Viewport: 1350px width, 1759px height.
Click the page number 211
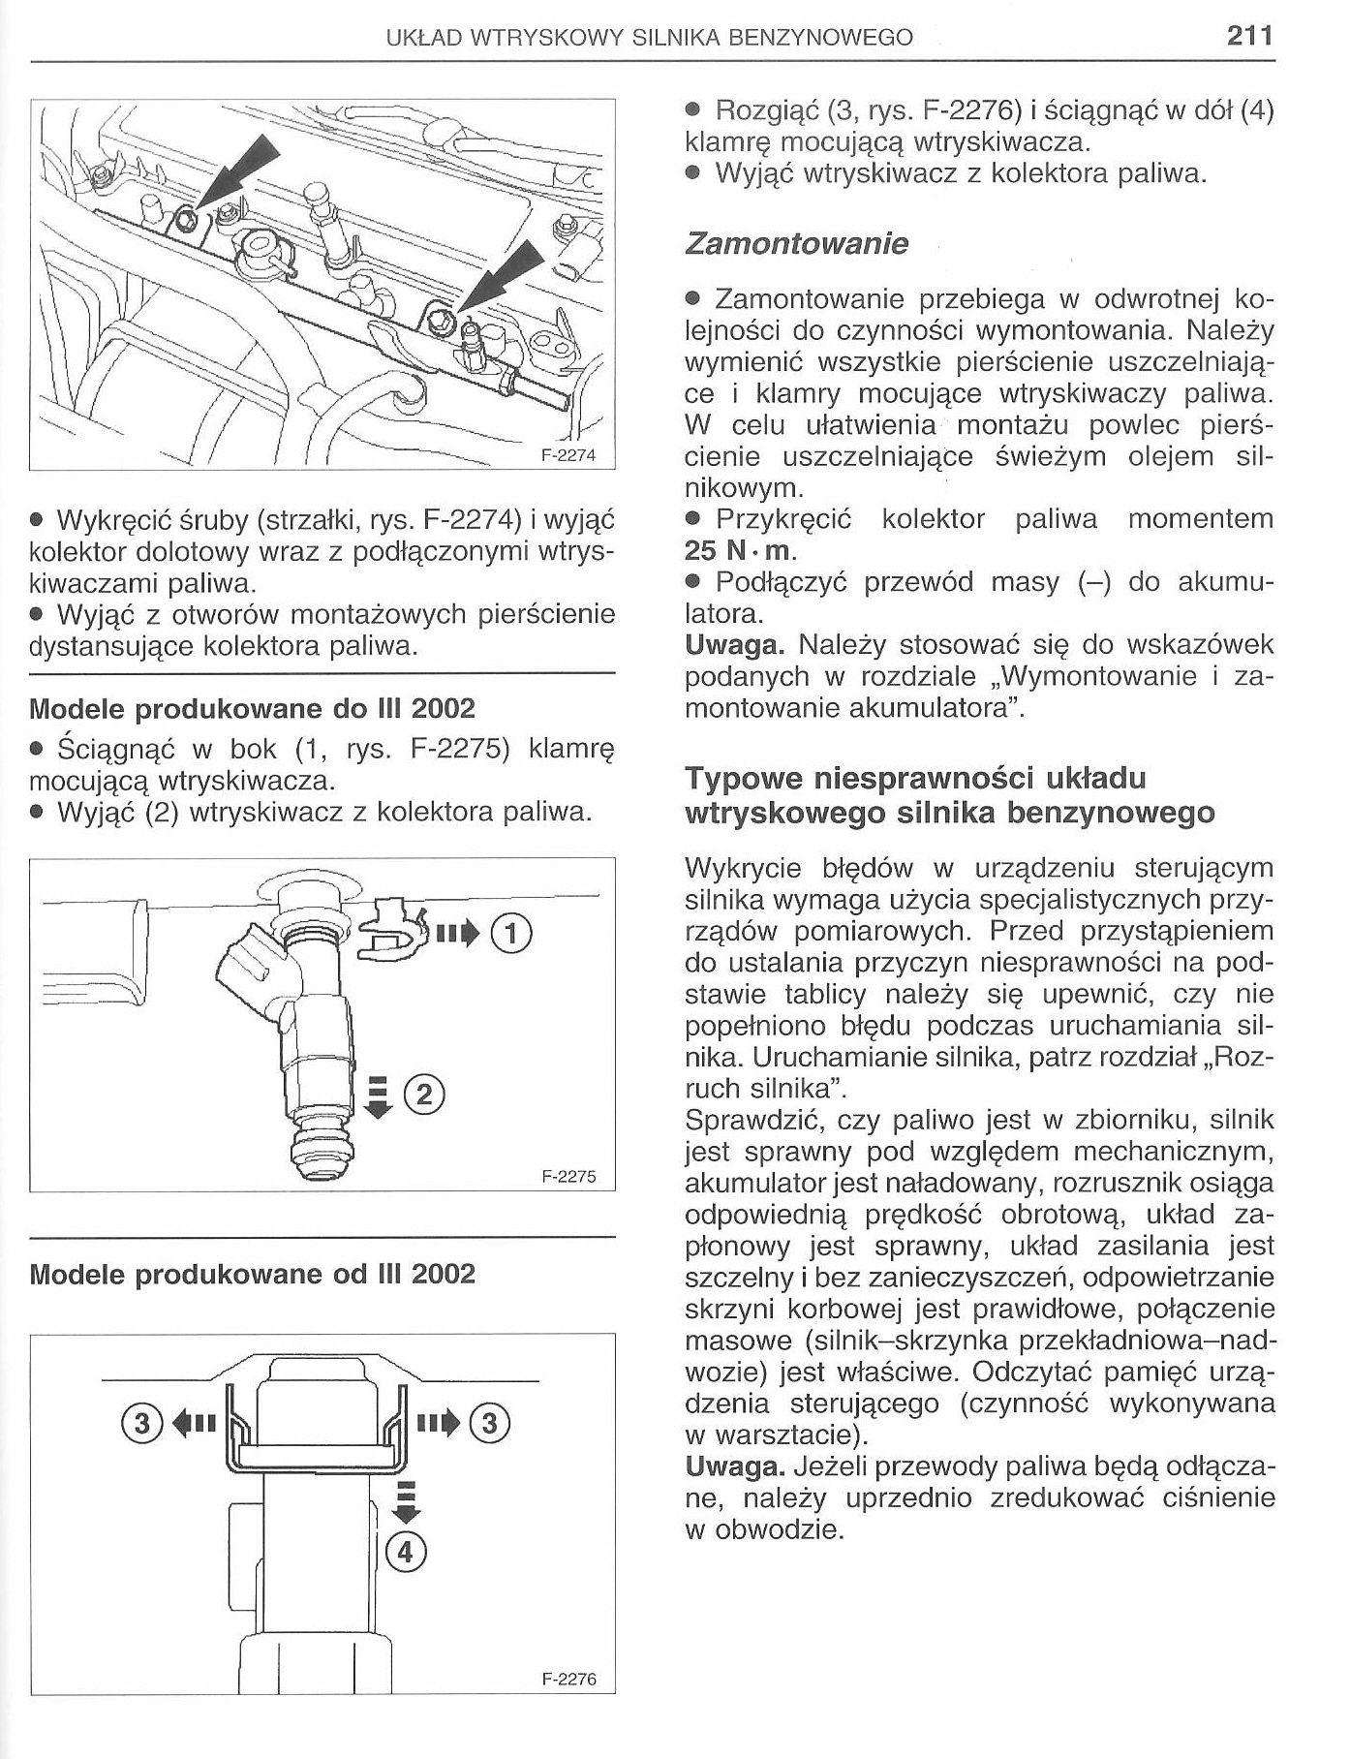click(1248, 36)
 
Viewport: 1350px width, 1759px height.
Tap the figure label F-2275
click(568, 1177)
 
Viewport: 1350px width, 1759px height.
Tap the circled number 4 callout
click(405, 1553)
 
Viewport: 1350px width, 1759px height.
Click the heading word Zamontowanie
click(796, 243)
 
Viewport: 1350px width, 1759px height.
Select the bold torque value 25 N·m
click(739, 551)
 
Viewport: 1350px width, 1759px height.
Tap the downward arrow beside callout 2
click(379, 1096)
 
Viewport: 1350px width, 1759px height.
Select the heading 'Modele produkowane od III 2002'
click(253, 1274)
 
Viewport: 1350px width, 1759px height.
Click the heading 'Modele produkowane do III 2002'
click(253, 708)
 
